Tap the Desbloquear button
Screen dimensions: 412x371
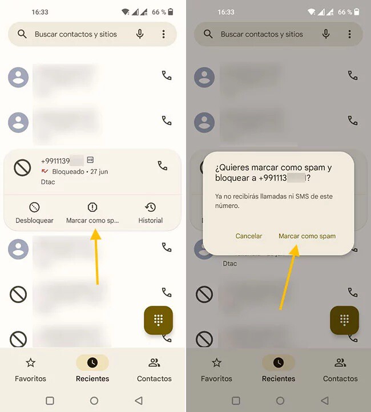(34, 213)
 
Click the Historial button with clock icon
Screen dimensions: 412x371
(151, 213)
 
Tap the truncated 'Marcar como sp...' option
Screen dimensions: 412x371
(92, 213)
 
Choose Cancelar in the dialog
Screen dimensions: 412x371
(249, 236)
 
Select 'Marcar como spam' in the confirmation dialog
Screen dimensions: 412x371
(307, 236)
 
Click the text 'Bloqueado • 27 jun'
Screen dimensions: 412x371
(80, 171)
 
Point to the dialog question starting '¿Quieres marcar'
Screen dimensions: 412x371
(273, 172)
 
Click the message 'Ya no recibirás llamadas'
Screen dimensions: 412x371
(274, 201)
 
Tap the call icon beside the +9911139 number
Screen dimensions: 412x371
(163, 166)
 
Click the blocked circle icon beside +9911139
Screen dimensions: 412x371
(22, 167)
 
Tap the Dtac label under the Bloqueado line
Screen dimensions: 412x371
(48, 182)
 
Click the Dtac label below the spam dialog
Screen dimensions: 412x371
(230, 264)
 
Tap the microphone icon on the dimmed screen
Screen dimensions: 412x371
(326, 34)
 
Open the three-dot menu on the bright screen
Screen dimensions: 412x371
(163, 34)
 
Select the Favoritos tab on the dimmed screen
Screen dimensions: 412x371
(217, 369)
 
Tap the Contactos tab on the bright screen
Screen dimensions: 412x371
(154, 369)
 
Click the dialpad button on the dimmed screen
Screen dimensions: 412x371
(344, 320)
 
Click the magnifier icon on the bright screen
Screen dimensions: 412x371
(22, 34)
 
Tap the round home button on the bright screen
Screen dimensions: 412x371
(94, 401)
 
